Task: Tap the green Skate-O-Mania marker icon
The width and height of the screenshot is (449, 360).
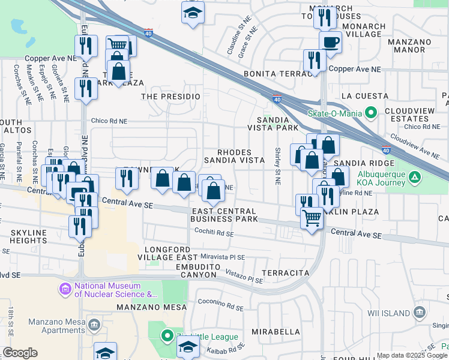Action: point(371,112)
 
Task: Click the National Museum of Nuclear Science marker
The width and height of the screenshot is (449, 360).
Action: point(65,290)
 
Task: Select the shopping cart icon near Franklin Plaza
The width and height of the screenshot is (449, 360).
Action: point(312,218)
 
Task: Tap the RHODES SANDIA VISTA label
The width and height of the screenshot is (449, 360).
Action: point(234,156)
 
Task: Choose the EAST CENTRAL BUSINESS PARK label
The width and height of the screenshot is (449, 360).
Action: point(225,215)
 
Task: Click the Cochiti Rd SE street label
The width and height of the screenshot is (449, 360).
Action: point(213,233)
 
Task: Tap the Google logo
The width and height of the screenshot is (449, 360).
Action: point(20,353)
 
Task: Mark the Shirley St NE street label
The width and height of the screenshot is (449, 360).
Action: point(278,161)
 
